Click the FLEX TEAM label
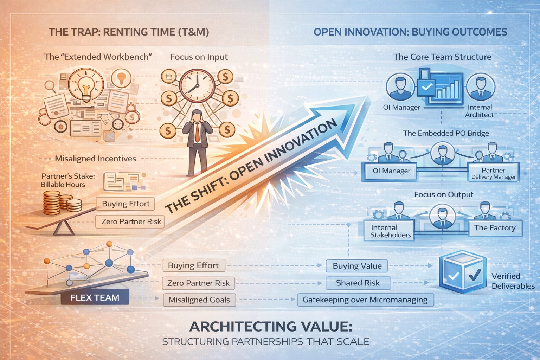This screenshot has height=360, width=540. click(95, 297)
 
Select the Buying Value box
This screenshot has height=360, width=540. click(357, 266)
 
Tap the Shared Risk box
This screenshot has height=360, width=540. click(358, 283)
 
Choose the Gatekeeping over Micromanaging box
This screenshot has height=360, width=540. click(365, 300)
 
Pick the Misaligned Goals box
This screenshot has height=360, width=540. click(199, 300)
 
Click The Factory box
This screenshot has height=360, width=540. click(495, 228)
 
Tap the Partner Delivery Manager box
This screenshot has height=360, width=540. click(493, 173)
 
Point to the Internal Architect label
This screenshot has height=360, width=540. click(479, 111)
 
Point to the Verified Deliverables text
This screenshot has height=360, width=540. click(513, 281)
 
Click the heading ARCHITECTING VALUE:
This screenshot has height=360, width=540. click(271, 327)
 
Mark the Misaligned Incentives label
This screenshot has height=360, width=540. click(95, 159)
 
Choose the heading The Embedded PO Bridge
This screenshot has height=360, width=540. click(446, 133)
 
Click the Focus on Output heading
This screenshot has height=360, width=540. click(443, 194)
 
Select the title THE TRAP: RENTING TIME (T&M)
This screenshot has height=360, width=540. click(129, 32)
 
